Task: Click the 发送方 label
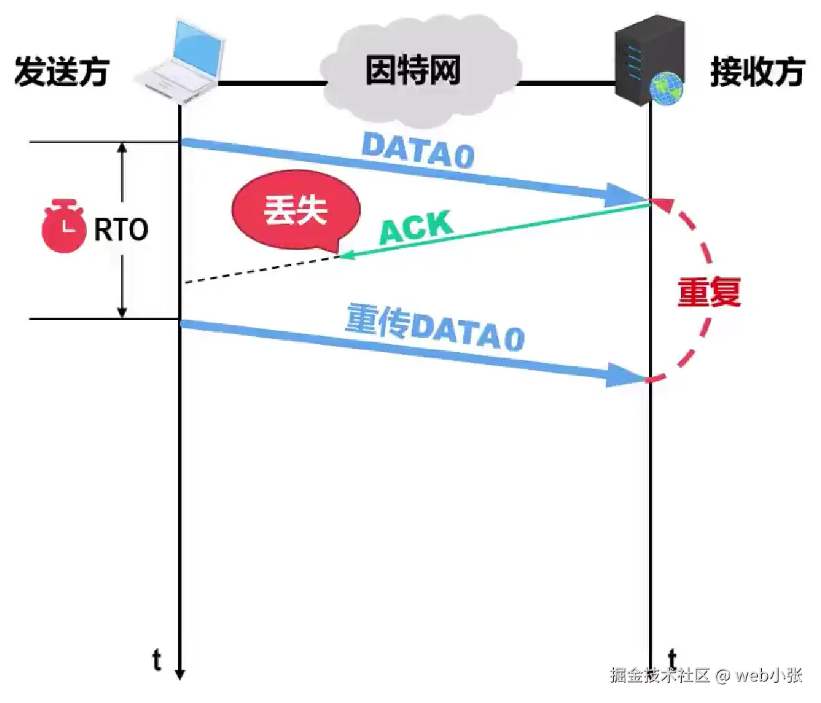pyautogui.click(x=61, y=71)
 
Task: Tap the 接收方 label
pyautogui.click(x=757, y=71)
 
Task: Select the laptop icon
pyautogui.click(x=180, y=60)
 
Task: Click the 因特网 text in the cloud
pyautogui.click(x=413, y=70)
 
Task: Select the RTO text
pyautogui.click(x=121, y=230)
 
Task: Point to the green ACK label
pyautogui.click(x=416, y=227)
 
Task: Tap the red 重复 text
pyautogui.click(x=709, y=292)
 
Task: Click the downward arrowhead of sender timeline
pyautogui.click(x=180, y=673)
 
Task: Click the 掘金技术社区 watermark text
pyautogui.click(x=660, y=675)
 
